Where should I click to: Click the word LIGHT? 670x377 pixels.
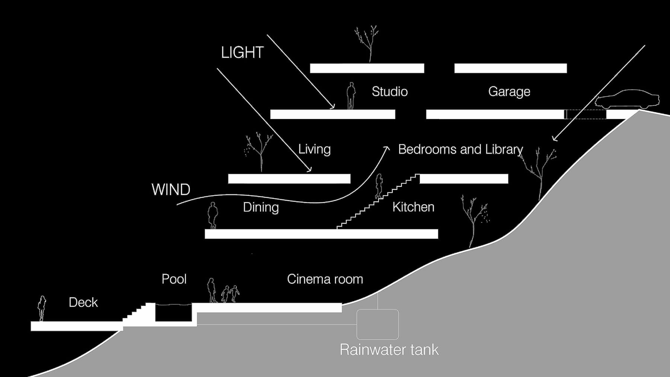pyautogui.click(x=242, y=52)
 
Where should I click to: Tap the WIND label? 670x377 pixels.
pyautogui.click(x=171, y=190)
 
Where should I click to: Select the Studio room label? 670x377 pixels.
pyautogui.click(x=390, y=92)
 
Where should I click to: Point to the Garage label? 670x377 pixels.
pyautogui.click(x=509, y=92)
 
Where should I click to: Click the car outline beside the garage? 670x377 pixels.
pyautogui.click(x=627, y=99)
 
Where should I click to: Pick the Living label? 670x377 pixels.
pyautogui.click(x=315, y=149)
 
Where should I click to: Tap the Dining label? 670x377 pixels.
pyautogui.click(x=261, y=207)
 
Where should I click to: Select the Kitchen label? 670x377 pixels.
pyautogui.click(x=413, y=207)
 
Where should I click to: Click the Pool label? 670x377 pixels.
pyautogui.click(x=174, y=279)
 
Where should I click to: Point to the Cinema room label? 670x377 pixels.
pyautogui.click(x=325, y=279)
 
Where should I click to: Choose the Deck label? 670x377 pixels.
pyautogui.click(x=83, y=302)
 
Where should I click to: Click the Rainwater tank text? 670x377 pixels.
pyautogui.click(x=389, y=350)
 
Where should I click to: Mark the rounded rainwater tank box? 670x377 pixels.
pyautogui.click(x=377, y=324)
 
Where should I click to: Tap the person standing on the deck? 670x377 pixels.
pyautogui.click(x=42, y=308)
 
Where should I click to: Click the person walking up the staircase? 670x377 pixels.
pyautogui.click(x=379, y=186)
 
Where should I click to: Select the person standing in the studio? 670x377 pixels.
pyautogui.click(x=351, y=96)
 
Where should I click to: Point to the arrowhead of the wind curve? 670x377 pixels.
pyautogui.click(x=387, y=148)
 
